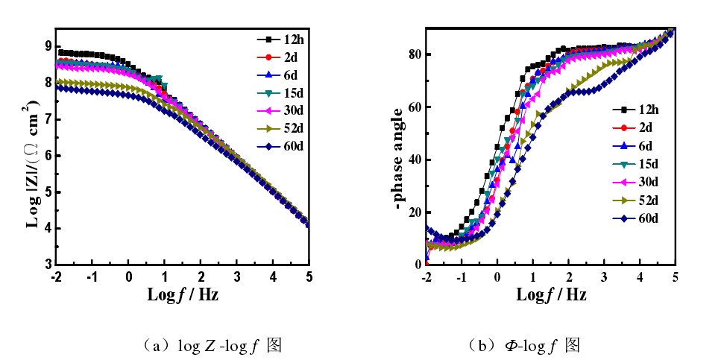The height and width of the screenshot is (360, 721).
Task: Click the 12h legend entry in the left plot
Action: click(x=280, y=38)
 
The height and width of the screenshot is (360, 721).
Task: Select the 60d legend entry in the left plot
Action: click(x=280, y=145)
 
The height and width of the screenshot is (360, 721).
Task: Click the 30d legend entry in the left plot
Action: click(x=280, y=110)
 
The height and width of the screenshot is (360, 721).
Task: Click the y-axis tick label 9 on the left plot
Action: click(x=48, y=46)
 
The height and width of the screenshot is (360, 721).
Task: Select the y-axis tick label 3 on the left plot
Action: click(x=48, y=265)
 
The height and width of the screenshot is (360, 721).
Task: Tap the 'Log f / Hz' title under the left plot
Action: click(x=183, y=294)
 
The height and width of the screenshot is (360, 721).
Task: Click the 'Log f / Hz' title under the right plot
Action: click(x=551, y=294)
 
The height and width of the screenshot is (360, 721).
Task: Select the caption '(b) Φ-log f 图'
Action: click(x=524, y=346)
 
